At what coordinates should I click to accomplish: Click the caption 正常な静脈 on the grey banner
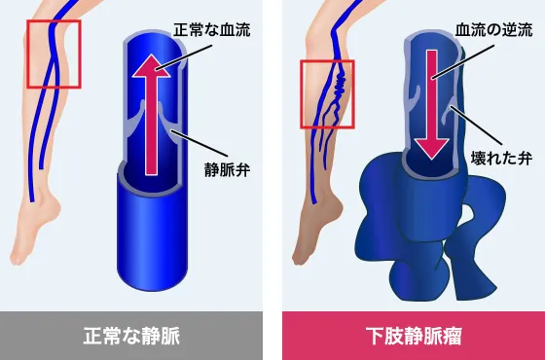131,336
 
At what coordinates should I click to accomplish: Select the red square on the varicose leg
327,93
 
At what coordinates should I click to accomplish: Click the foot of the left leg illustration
34,243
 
